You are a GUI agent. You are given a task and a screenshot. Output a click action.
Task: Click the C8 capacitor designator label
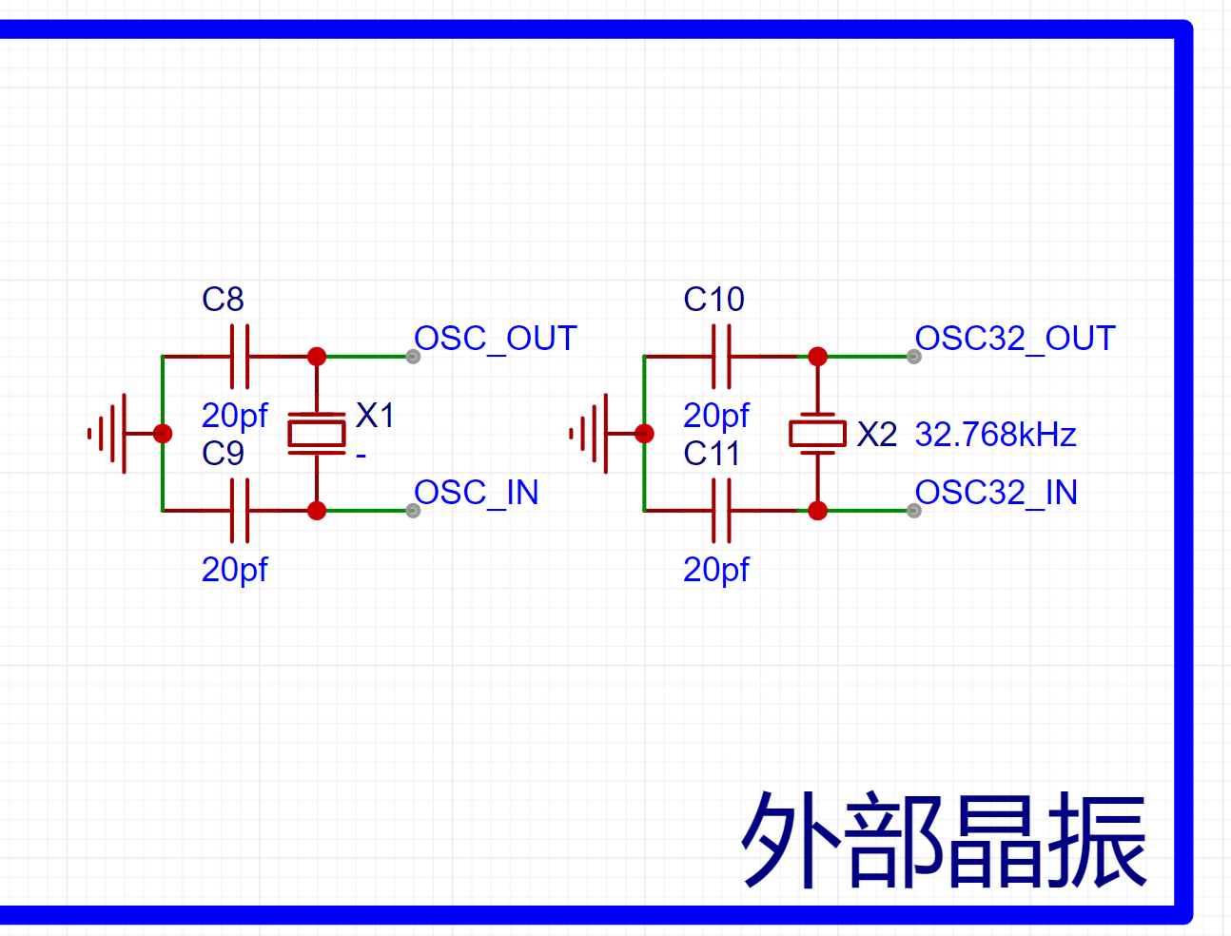[x=223, y=299]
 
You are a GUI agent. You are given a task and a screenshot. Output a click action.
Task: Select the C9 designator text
[x=223, y=453]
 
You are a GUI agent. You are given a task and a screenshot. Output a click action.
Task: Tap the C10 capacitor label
[x=713, y=299]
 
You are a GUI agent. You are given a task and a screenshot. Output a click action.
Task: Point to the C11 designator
[x=712, y=453]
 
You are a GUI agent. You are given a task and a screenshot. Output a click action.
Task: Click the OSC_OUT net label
[x=496, y=339]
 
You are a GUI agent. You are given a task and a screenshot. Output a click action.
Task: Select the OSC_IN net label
[x=477, y=493]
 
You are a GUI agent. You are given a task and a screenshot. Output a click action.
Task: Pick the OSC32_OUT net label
[x=1015, y=339]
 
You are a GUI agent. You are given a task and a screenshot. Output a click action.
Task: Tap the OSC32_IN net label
[x=996, y=493]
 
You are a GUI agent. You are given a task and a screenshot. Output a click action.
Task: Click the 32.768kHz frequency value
[x=995, y=435]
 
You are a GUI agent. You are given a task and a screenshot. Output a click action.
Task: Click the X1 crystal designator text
[x=375, y=416]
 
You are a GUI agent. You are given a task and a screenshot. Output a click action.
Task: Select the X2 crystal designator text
[x=877, y=435]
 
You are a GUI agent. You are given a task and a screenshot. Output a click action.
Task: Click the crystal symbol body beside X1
[x=317, y=434]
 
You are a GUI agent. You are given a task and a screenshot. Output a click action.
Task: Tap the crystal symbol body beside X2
[x=818, y=434]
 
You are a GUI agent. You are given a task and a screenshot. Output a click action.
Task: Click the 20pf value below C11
[x=716, y=571]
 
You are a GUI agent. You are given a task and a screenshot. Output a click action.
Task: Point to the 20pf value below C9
[x=234, y=571]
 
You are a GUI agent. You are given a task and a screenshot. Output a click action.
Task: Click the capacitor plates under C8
[x=240, y=356]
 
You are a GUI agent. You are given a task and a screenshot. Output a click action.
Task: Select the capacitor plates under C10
[x=721, y=356]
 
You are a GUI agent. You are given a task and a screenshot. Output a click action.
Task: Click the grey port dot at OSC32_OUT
[x=914, y=356]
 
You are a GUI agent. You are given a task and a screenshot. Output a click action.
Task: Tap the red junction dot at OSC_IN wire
[x=317, y=511]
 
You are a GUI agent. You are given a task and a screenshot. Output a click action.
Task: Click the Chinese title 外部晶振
[x=945, y=841]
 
